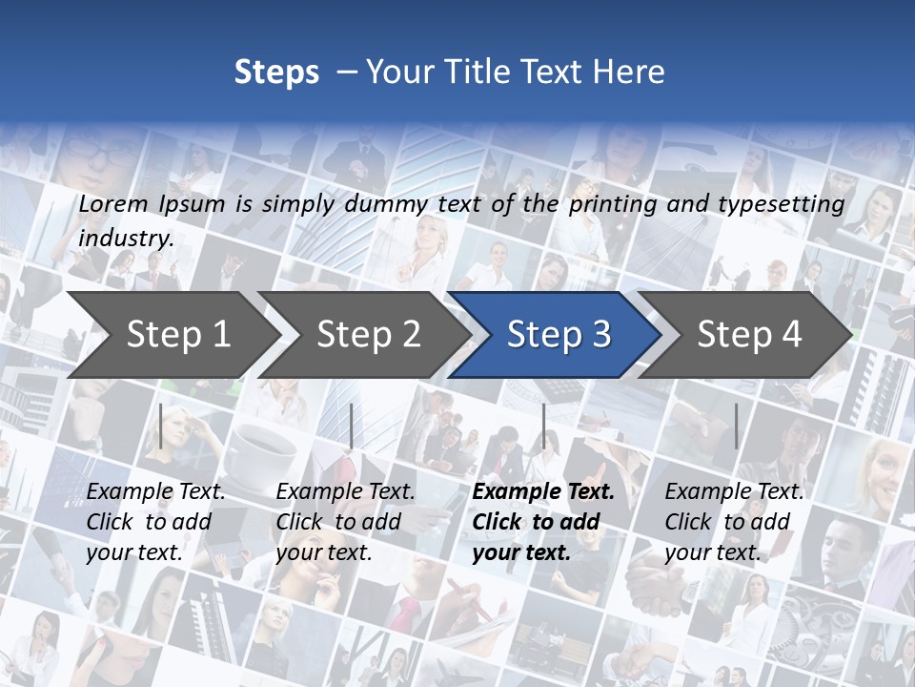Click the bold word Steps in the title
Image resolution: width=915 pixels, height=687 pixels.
click(276, 73)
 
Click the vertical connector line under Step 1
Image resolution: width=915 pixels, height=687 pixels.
click(161, 426)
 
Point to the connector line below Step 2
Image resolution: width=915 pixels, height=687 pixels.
click(352, 426)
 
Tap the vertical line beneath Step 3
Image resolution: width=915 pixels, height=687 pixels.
click(543, 426)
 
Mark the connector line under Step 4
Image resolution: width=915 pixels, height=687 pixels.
click(736, 426)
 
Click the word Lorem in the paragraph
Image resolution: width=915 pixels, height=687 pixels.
click(113, 203)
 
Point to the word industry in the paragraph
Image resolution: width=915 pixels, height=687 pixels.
click(126, 238)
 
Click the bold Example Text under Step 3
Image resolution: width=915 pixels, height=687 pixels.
click(543, 492)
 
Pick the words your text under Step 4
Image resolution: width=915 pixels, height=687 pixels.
click(711, 552)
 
